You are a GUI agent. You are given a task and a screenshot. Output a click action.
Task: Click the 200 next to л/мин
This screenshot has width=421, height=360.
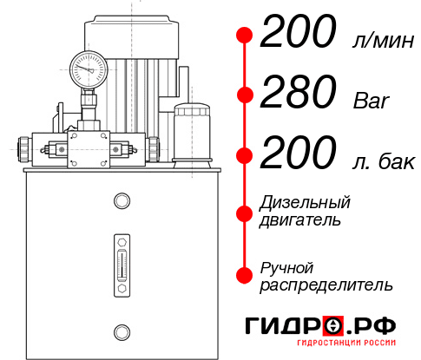[297, 35]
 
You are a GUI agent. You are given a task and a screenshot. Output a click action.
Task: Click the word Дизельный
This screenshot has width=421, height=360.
[305, 203]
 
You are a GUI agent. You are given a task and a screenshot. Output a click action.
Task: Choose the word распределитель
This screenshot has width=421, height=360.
[326, 284]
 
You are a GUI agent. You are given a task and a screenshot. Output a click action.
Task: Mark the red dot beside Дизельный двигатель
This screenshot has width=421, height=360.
[246, 212]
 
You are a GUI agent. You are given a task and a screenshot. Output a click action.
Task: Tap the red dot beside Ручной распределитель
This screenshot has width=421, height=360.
[246, 275]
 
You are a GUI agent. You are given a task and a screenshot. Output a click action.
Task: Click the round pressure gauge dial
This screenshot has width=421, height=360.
[88, 67]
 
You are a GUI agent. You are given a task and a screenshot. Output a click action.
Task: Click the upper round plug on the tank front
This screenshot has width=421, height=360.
[122, 201]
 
